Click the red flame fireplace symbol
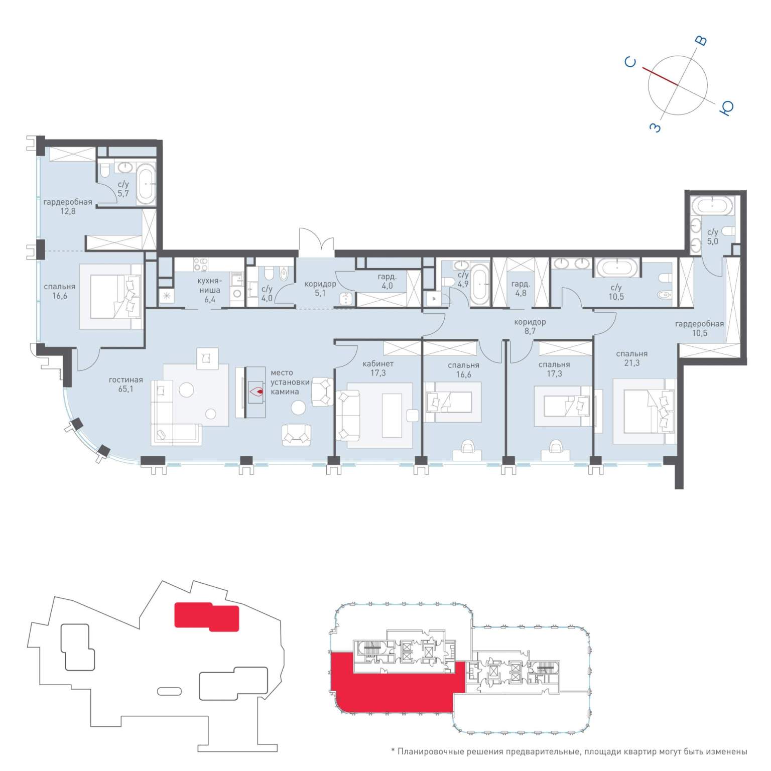click(x=256, y=391)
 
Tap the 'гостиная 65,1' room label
click(x=126, y=384)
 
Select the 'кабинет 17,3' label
click(x=378, y=368)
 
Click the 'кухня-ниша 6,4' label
click(x=209, y=290)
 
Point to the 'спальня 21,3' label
click(x=632, y=358)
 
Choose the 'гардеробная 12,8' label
click(x=68, y=206)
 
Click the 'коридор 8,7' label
click(x=530, y=326)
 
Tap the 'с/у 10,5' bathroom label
click(x=616, y=292)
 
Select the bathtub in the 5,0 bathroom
click(x=711, y=206)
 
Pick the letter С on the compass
click(x=631, y=62)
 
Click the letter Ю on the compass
click(x=726, y=107)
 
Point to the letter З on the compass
click(x=656, y=127)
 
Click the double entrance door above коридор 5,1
click(x=317, y=242)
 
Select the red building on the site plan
click(x=206, y=616)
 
